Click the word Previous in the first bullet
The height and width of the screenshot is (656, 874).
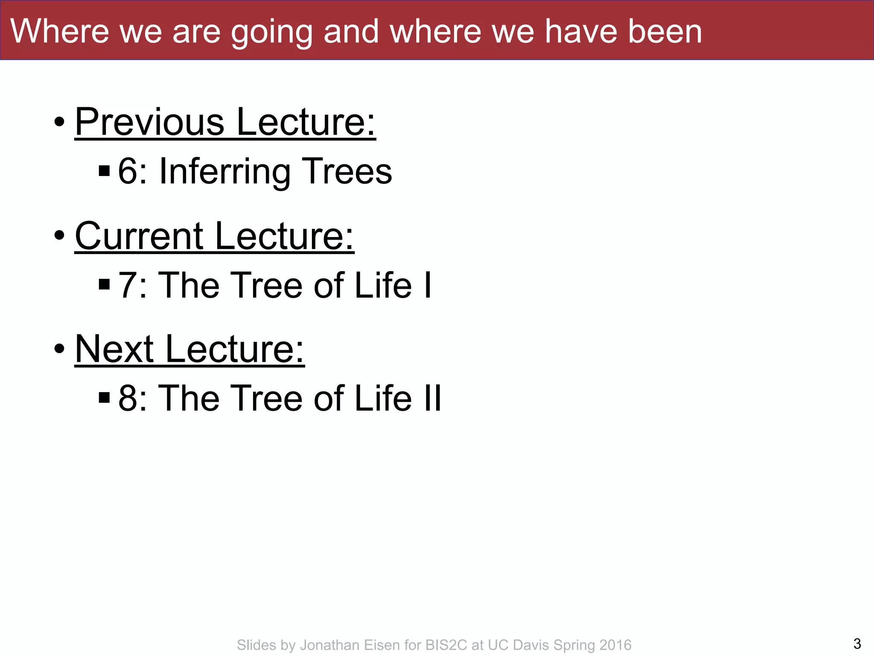(149, 122)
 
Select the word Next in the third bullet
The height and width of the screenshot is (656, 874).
(114, 349)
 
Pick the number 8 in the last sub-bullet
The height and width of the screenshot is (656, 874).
(127, 398)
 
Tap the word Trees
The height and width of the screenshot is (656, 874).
(347, 172)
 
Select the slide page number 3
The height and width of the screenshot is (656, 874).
(857, 643)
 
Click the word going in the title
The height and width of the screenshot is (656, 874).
(272, 32)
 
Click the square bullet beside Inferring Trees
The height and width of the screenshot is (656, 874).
(104, 171)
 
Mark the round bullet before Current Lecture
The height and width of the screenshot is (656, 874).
(59, 235)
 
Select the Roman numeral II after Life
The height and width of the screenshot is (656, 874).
(432, 398)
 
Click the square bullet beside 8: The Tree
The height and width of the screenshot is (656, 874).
(104, 398)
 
